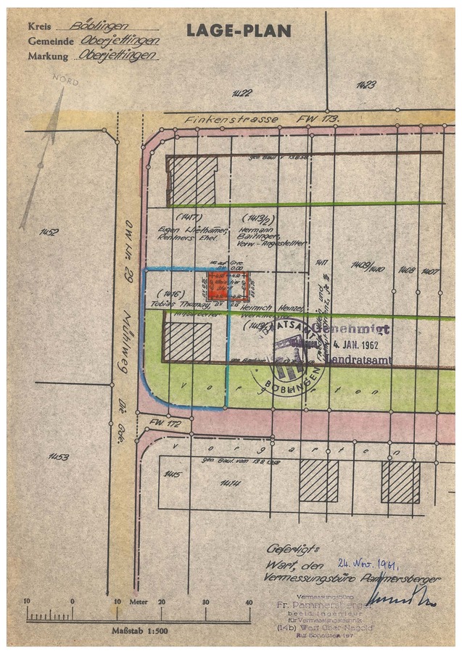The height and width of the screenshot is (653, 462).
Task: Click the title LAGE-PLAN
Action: tap(239, 30)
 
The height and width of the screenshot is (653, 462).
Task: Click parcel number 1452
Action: tap(49, 232)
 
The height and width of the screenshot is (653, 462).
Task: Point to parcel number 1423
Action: tap(366, 86)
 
